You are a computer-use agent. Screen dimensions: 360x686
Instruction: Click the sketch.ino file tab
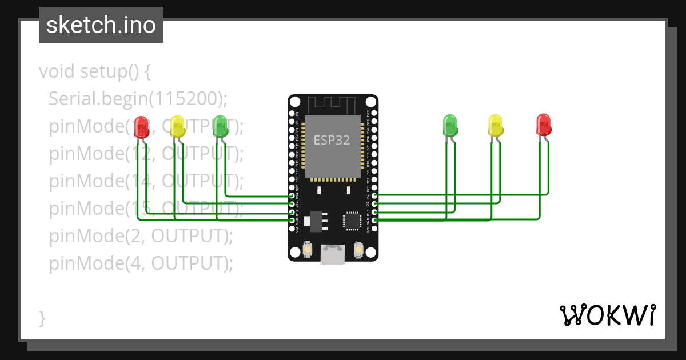point(101,25)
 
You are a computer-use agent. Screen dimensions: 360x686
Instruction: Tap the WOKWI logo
point(607,315)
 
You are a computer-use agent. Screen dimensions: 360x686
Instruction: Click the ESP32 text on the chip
point(332,140)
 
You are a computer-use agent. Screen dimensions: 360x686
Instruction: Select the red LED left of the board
point(141,127)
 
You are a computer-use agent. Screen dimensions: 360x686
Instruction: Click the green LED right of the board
point(450,125)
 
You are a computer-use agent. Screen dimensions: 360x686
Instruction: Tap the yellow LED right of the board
point(495,125)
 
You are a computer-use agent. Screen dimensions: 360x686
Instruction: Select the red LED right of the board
point(543,125)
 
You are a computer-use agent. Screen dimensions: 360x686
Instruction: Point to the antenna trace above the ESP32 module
point(332,105)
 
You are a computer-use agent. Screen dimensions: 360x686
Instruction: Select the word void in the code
point(57,71)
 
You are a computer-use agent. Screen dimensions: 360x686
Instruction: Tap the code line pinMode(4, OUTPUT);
point(141,263)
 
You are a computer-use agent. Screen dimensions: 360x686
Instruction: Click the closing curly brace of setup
point(42,318)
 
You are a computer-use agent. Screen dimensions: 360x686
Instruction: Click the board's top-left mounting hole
point(294,102)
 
